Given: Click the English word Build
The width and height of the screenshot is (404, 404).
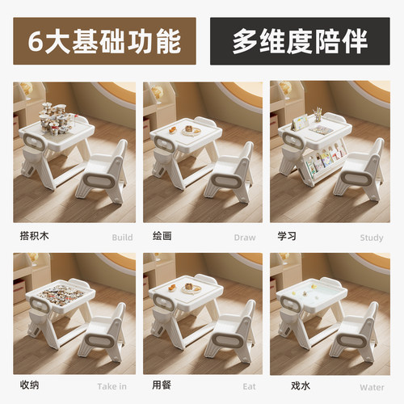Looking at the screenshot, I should click(121, 238).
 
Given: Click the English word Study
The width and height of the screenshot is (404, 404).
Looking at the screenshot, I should click(372, 238).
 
